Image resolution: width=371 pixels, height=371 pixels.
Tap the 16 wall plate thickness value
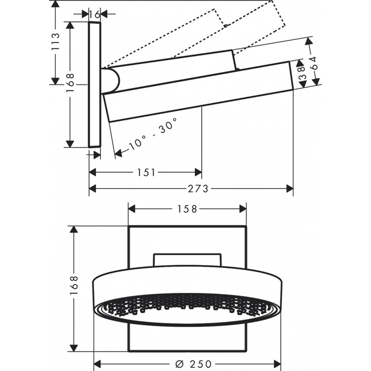click(x=94, y=14)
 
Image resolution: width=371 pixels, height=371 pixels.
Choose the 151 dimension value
click(x=146, y=172)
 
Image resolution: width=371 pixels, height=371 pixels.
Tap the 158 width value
click(x=187, y=208)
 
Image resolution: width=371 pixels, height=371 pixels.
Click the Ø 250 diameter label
click(x=188, y=364)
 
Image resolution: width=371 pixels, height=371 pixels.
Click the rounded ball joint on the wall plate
click(x=111, y=80)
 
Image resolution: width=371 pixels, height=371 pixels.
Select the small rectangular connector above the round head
click(x=187, y=259)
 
